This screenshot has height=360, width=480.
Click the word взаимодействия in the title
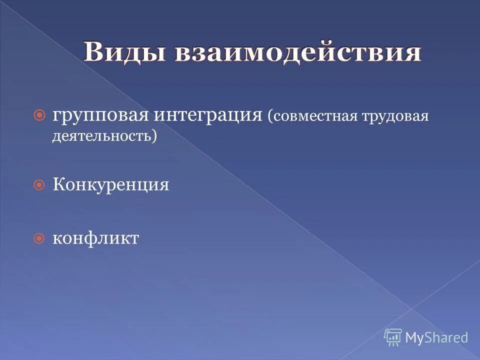click(298, 52)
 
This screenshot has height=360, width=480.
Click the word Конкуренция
click(110, 185)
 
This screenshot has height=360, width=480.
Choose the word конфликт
click(95, 238)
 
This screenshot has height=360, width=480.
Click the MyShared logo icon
click(393, 337)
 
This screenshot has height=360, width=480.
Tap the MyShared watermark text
click(436, 337)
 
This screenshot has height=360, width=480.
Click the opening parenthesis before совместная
click(270, 117)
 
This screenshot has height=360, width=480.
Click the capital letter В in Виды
click(93, 52)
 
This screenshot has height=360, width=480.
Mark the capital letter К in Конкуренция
click(57, 185)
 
